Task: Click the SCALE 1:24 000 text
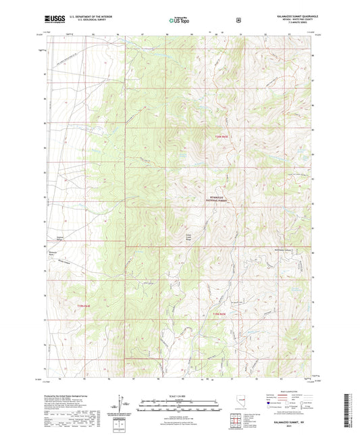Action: (x=179, y=396)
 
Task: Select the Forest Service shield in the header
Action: (x=238, y=20)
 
